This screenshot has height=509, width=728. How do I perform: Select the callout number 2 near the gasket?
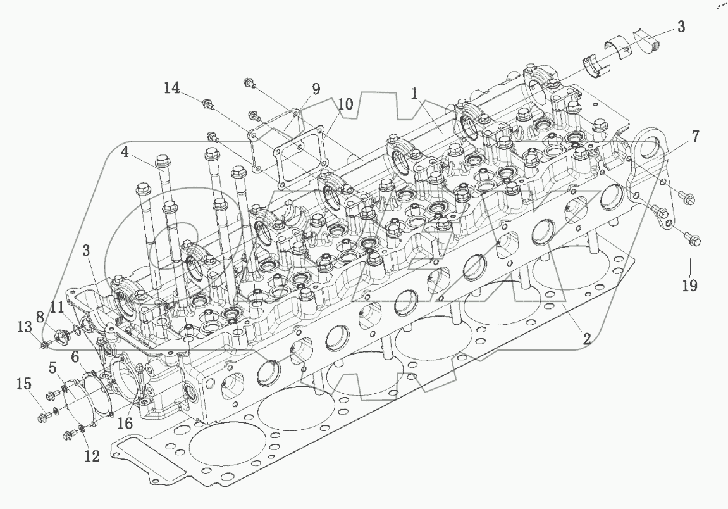[x=586, y=339]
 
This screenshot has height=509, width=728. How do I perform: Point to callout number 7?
[x=695, y=135]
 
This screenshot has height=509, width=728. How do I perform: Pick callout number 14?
[x=173, y=88]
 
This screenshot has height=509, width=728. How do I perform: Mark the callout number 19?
[x=690, y=285]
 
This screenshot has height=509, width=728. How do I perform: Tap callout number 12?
[x=92, y=455]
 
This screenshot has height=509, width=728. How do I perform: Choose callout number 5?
[x=53, y=367]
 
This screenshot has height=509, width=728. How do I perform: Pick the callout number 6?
[x=75, y=357]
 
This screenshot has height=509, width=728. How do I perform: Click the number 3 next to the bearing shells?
[x=681, y=27]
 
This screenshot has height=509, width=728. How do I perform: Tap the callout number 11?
[x=57, y=308]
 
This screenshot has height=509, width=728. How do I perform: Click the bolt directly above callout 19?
[x=691, y=240]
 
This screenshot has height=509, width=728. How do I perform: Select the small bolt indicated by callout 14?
[x=206, y=104]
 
